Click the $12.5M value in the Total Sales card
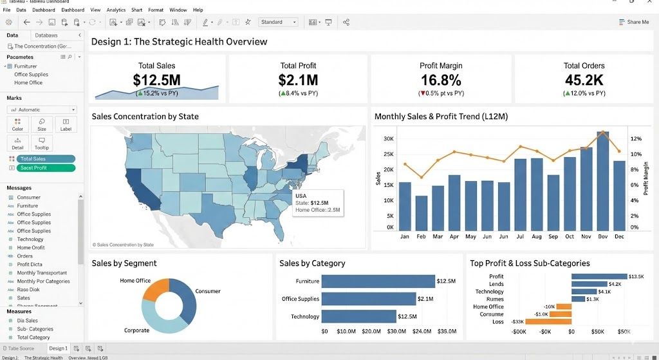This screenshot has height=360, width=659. coord(156,81)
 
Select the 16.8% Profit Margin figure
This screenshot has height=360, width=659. coord(441,81)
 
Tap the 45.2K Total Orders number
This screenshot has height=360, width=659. coord(584,81)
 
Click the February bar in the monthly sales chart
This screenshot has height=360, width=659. coord(422,213)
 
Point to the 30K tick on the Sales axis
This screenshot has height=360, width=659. coord(388,139)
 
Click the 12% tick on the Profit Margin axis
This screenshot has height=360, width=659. coord(635,139)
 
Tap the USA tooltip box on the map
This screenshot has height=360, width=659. coord(317,202)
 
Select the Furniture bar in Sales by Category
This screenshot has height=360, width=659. coord(378,281)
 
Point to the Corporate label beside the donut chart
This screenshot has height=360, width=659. coord(136,330)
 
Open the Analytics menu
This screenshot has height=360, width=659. coord(116,10)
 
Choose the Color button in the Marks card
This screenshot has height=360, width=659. coord(17,125)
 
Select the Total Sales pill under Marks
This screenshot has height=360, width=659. coord(46,158)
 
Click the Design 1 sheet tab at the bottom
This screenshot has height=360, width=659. coord(58,348)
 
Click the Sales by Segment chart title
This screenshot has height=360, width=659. coord(124,263)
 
